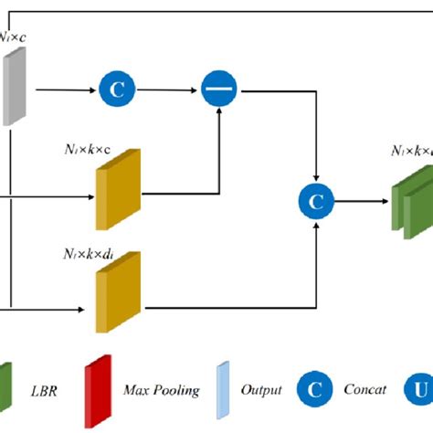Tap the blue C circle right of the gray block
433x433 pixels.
tap(117, 90)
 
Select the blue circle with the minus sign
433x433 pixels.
tap(219, 90)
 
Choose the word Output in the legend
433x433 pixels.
tap(261, 391)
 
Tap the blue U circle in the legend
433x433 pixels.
tap(422, 391)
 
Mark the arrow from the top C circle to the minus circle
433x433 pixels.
tap(168, 90)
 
